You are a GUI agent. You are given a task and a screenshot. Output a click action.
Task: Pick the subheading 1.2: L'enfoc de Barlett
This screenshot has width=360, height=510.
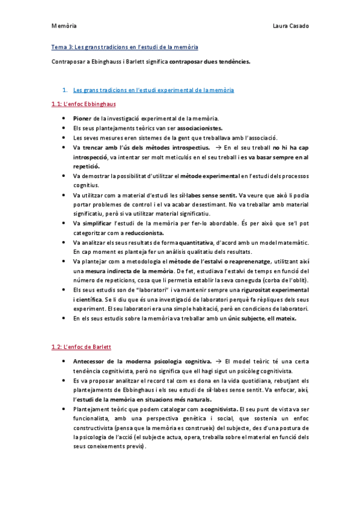(x=82, y=347)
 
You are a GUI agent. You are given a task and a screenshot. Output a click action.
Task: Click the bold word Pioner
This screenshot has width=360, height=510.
(x=82, y=118)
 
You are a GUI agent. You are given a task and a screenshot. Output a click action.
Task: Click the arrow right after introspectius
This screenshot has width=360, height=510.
(x=218, y=147)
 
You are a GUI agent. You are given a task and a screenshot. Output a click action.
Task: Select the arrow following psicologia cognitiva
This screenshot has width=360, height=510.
(x=218, y=361)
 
